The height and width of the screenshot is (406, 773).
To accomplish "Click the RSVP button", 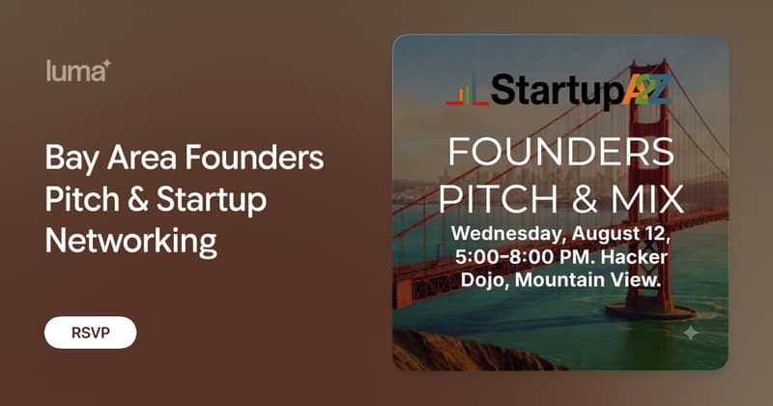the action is pos(91,333).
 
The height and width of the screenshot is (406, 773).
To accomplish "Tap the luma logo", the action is pos(78,71).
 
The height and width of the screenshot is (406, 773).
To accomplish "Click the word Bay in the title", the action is pos(72,158).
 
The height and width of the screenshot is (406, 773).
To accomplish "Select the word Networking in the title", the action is pos(131,242).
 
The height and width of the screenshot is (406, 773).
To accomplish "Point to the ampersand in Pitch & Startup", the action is pos(137,200).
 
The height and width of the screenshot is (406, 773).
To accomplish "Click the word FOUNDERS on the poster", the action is pos(561,152).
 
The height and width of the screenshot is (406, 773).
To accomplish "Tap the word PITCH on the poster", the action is pos(499,198).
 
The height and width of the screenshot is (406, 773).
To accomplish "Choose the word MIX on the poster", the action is pos(647,198).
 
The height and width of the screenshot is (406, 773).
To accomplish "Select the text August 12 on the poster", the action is pos(620,233).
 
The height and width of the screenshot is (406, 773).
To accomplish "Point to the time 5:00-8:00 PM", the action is pos(524,257).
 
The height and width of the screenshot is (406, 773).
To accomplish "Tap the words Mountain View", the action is pos(587,280).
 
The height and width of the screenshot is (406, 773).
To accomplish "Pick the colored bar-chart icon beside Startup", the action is pos(468,90).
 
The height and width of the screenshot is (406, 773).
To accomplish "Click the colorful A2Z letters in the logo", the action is pos(646,90).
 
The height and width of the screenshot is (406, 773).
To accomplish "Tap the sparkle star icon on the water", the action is pos(691,333).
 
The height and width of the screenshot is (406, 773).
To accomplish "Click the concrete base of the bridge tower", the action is pos(650,311).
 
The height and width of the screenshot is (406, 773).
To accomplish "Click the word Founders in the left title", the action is pos(254,158).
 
